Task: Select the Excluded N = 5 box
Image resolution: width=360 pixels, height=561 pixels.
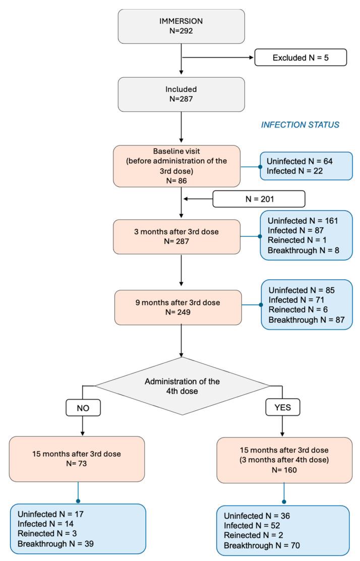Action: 301,58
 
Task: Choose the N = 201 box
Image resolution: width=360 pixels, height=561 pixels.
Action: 259,199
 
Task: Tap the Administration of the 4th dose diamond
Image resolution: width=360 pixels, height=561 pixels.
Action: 183,386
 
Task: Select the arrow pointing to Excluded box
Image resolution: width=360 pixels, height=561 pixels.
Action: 217,58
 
